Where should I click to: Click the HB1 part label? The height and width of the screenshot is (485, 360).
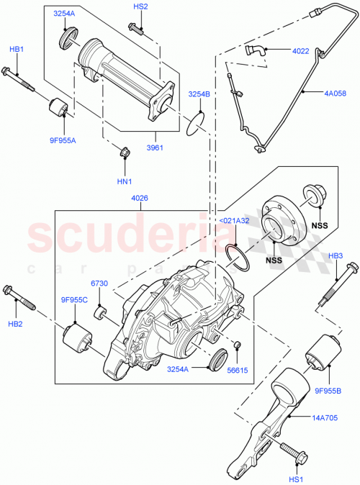[16, 50]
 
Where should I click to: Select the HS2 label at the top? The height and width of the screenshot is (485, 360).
[140, 6]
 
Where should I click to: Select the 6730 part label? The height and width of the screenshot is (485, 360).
[100, 284]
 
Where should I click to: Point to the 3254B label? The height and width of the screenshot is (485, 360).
[199, 94]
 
